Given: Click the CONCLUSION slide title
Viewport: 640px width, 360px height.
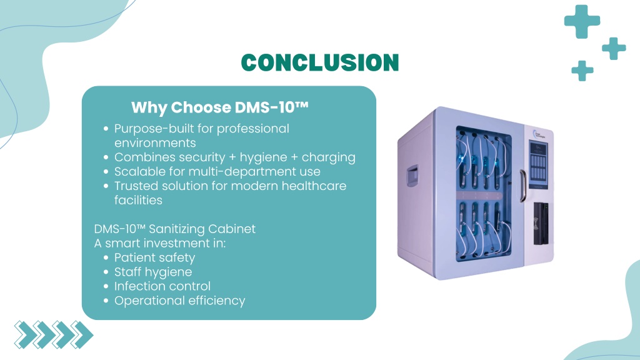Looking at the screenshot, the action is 319,62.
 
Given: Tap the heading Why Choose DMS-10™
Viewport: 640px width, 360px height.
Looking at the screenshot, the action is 219,107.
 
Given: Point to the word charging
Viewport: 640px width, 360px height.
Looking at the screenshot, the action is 329,158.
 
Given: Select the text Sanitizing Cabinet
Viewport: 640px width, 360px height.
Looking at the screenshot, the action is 202,229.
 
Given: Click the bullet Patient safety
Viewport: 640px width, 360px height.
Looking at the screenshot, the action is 154,258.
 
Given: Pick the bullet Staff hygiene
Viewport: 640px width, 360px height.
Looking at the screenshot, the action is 153,272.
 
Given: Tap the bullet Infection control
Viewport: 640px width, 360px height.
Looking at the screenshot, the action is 162,286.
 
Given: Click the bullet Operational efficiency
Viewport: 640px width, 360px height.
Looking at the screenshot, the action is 179,301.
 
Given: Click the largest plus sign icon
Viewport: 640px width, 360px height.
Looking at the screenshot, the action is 582,21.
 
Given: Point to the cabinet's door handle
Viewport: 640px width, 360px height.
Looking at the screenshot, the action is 522,186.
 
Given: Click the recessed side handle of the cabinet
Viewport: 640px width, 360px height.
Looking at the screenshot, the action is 412,176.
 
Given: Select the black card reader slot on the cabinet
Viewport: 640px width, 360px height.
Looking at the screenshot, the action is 541,224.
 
